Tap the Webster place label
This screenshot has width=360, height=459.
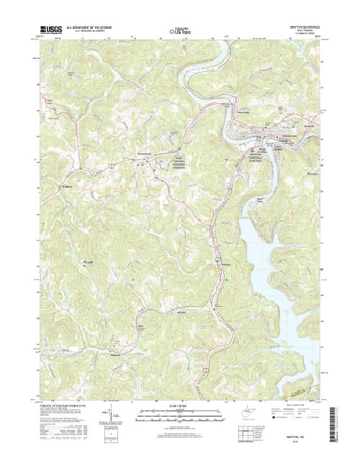pos(221,264)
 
